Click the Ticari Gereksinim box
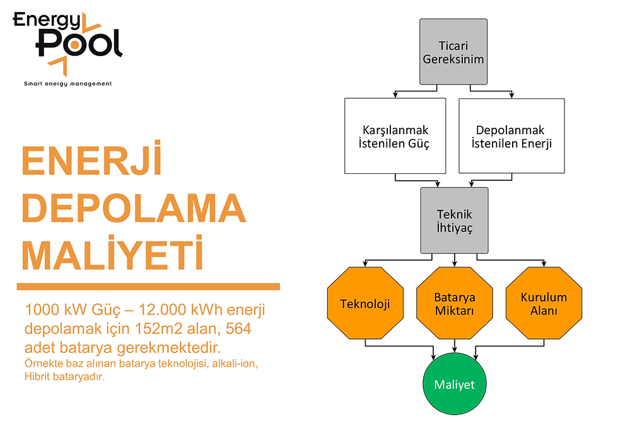453,52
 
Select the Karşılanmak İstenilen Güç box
395,136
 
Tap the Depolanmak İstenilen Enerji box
511,136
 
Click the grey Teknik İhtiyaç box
454,221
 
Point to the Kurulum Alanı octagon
544,304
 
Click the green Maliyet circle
454,384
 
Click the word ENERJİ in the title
92,162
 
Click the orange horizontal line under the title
148,287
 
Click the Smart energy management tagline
67,84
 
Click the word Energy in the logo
47,20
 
